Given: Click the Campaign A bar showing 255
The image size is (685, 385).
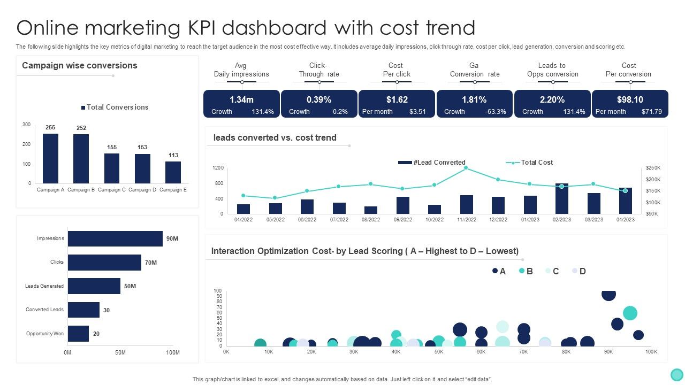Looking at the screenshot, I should [50, 158].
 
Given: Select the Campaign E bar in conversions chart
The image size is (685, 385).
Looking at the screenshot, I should [173, 172].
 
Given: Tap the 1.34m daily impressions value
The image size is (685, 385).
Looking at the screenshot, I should [241, 99].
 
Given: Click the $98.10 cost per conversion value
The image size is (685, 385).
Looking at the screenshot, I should [629, 99].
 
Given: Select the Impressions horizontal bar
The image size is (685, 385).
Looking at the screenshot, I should [115, 238].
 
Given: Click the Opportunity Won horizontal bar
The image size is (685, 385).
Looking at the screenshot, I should [78, 334].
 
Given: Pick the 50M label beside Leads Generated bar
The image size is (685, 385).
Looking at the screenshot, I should [130, 286].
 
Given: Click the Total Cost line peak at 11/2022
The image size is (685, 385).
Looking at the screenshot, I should [466, 168].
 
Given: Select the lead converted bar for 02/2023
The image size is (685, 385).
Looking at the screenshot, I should [561, 198].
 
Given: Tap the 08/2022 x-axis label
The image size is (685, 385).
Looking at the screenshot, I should [371, 220].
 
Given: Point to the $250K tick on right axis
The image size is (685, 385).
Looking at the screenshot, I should [653, 168].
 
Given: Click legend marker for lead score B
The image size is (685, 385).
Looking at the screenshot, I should [522, 271].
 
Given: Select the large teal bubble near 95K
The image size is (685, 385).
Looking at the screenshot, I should [630, 313].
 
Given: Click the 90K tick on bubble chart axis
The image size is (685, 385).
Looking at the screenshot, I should [608, 352].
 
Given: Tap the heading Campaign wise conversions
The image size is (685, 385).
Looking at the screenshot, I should [79, 66].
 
